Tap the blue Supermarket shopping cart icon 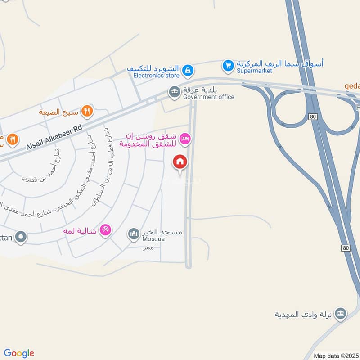click(x=228, y=66)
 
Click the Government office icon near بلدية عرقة click(x=174, y=92)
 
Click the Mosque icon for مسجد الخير click(x=133, y=234)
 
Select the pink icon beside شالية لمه click(x=105, y=229)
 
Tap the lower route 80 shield click(x=345, y=248)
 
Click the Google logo click(x=19, y=353)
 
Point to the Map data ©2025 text click(x=335, y=355)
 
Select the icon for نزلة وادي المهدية click(x=341, y=313)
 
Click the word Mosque click(x=153, y=239)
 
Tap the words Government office click(x=208, y=97)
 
